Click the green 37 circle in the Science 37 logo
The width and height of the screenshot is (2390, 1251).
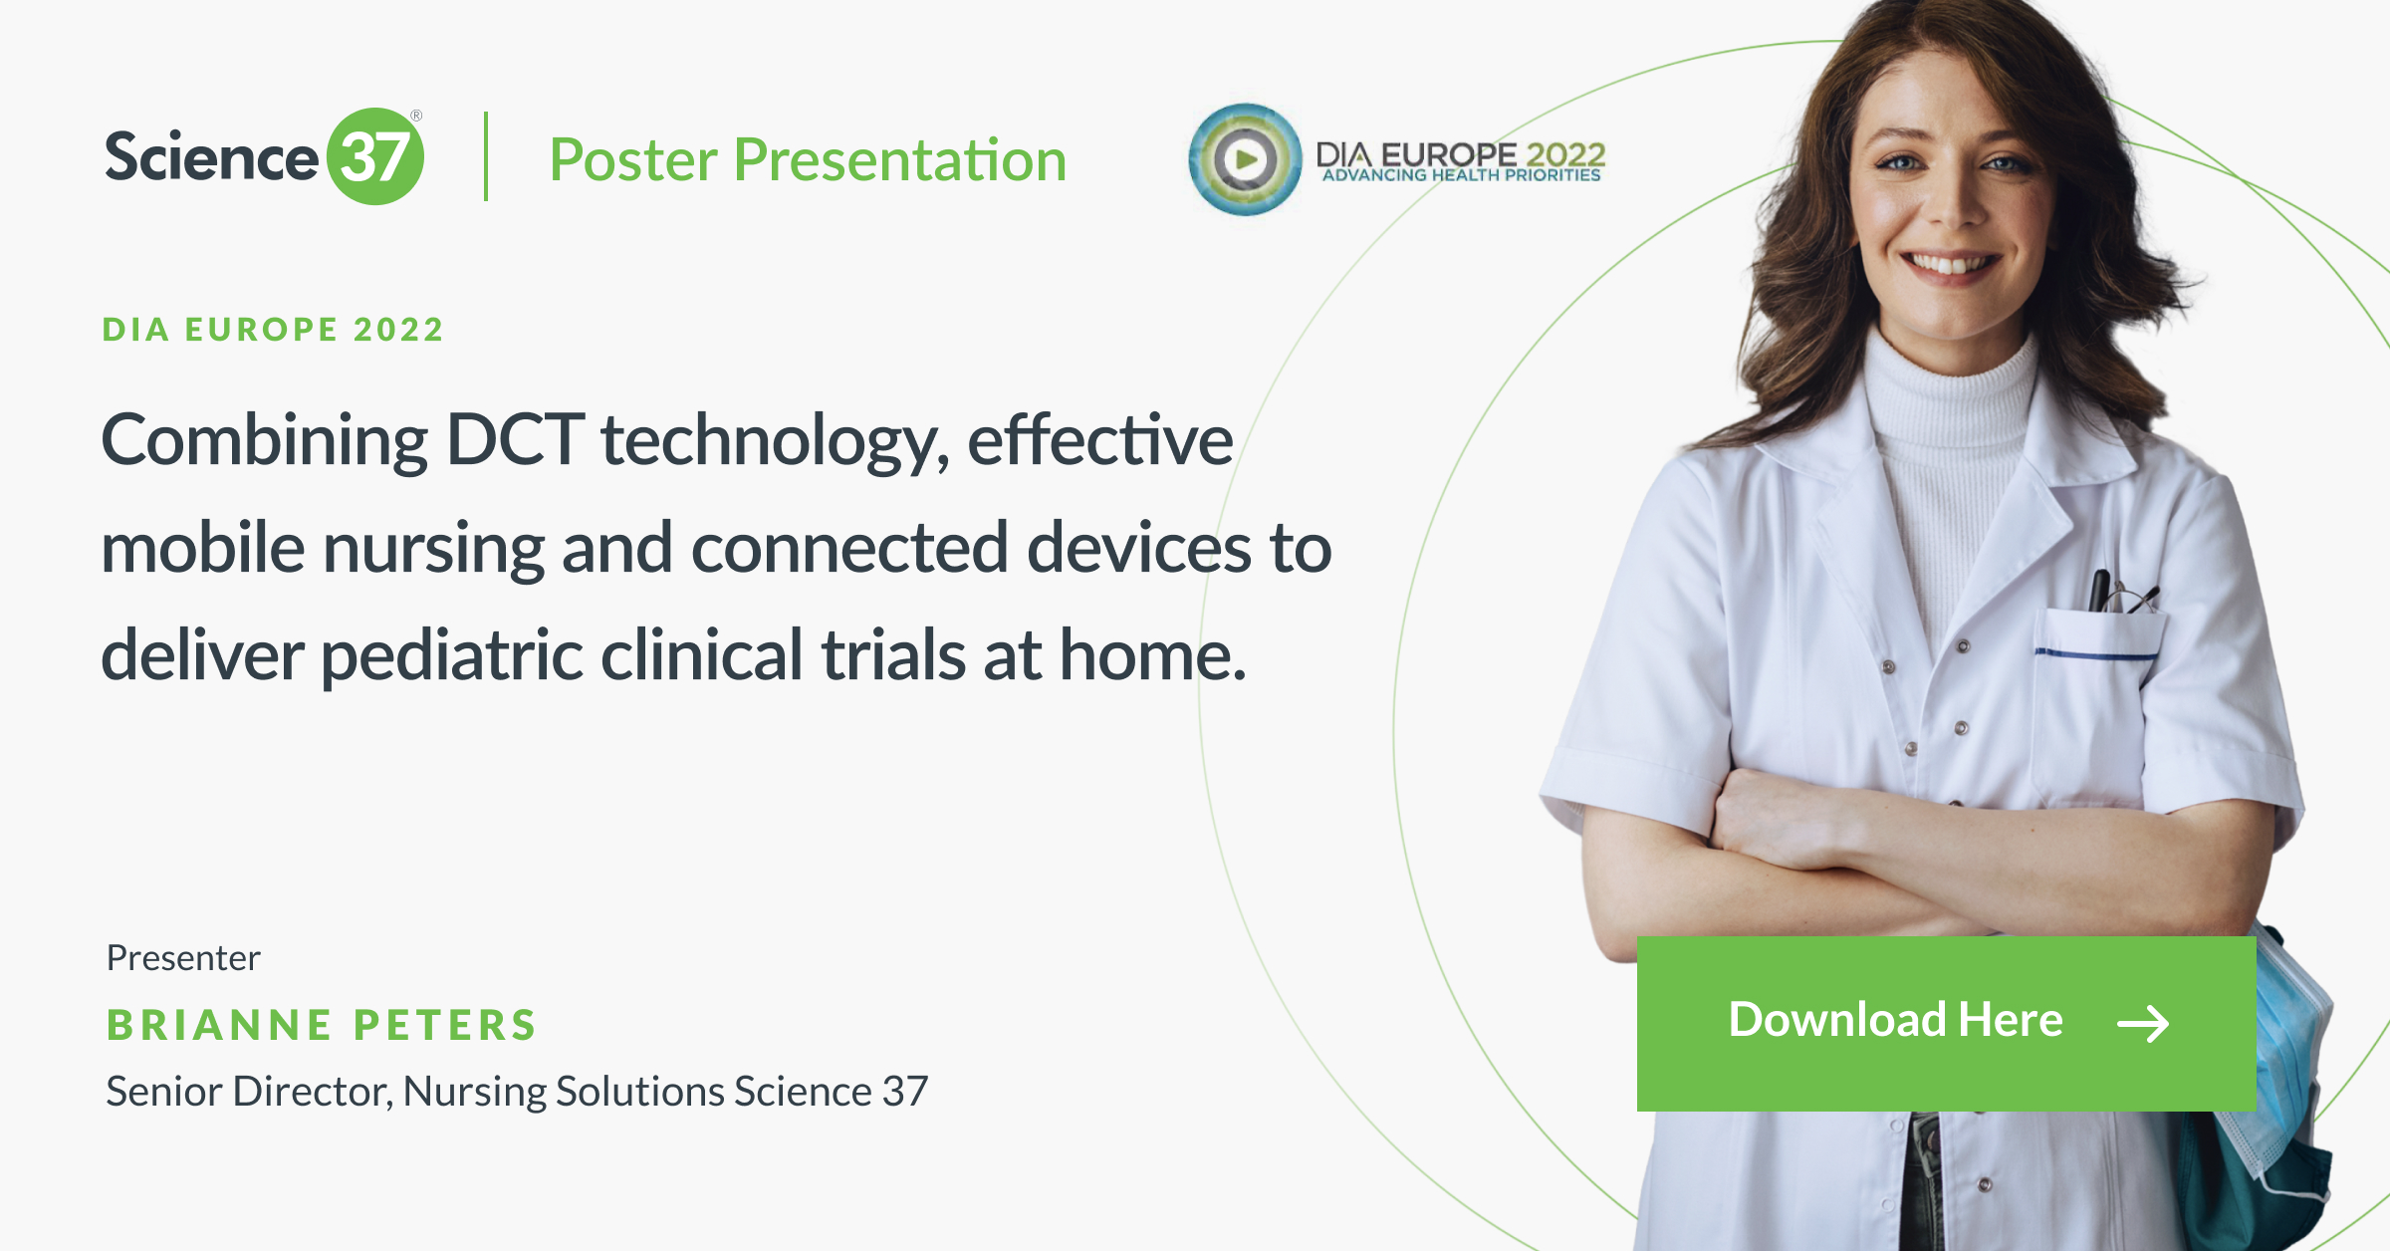[375, 156]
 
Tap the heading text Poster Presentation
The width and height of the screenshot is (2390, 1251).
[808, 159]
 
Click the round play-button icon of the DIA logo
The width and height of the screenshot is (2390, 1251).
[1245, 159]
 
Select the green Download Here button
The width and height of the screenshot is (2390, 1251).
[1946, 1023]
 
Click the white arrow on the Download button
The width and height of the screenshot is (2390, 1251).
[2143, 1023]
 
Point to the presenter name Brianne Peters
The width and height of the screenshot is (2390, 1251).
[322, 1025]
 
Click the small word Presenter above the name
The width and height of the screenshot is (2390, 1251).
[183, 957]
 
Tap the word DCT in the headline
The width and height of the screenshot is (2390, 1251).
[515, 439]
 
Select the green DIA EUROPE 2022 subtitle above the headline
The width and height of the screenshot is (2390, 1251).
[273, 330]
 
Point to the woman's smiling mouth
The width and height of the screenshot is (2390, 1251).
[1949, 264]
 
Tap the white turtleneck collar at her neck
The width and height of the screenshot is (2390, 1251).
[1947, 388]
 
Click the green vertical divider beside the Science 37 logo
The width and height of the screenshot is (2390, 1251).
[486, 156]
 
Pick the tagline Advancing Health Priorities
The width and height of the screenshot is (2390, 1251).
[1462, 175]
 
